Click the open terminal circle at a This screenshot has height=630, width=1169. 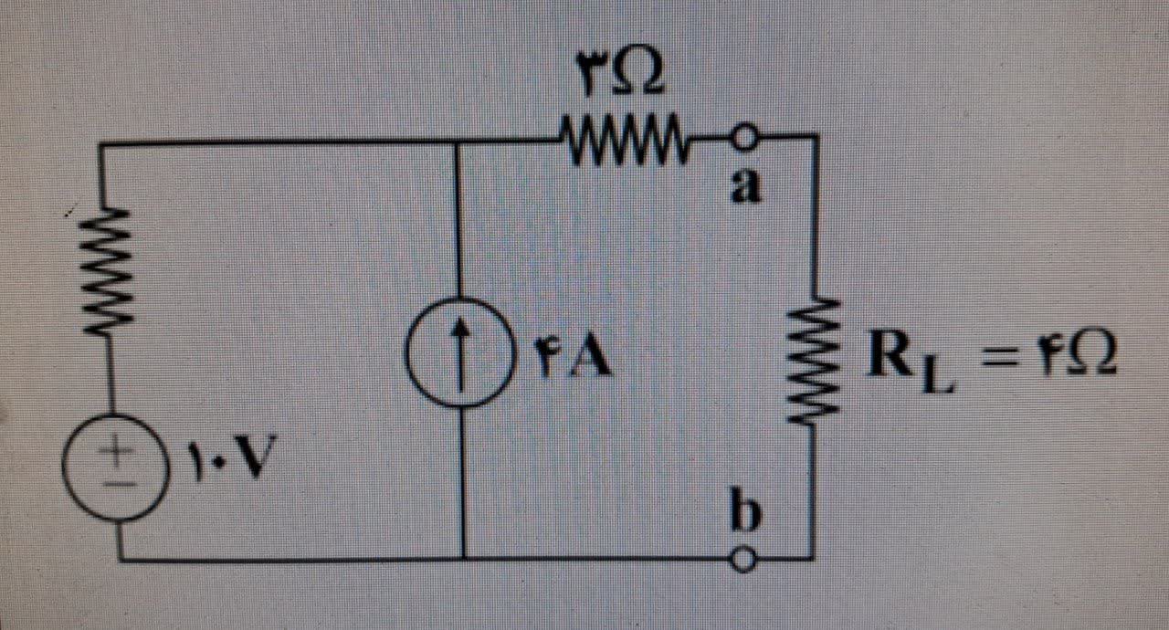[x=744, y=139]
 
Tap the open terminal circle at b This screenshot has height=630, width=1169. [x=745, y=559]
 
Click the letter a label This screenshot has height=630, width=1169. [x=746, y=186]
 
